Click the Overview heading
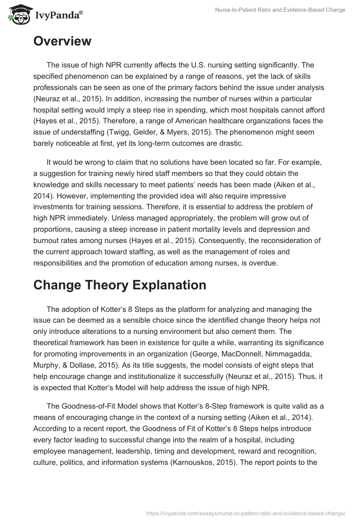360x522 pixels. [62, 41]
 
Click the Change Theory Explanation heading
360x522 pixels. [120, 285]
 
